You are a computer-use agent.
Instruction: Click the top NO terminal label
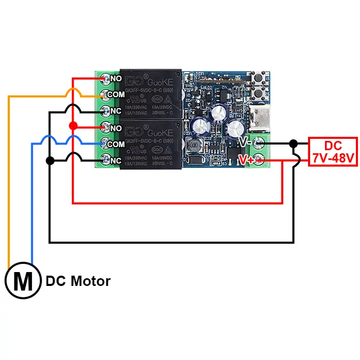116,79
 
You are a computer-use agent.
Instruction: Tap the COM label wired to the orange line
116,95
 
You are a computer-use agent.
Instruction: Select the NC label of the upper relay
116,111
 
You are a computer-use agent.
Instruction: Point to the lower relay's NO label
116,128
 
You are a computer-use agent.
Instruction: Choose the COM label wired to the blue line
116,144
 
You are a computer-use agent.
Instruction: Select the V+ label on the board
246,160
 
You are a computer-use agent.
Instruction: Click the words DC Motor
78,281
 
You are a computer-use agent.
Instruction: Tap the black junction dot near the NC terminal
49,160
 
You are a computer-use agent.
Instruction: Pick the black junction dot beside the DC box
294,143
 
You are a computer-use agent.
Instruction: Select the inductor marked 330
193,147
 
